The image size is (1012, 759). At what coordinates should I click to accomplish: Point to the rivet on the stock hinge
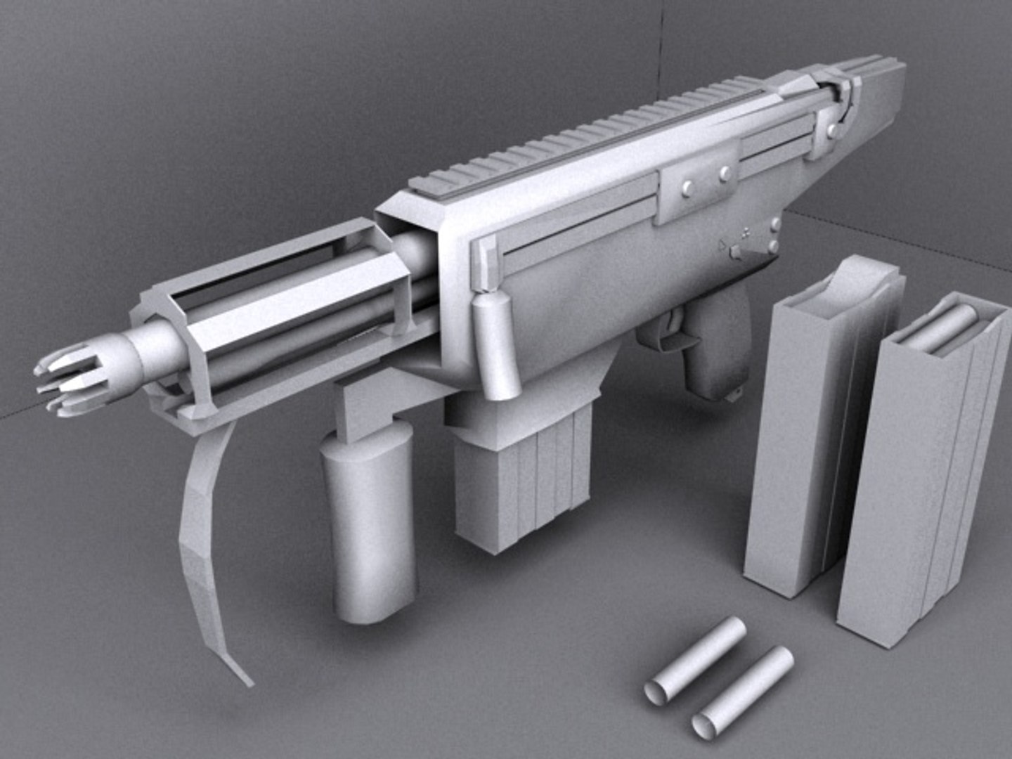(833, 129)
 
